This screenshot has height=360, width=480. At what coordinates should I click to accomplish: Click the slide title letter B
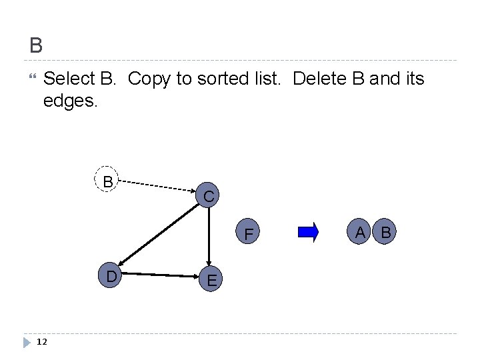36,45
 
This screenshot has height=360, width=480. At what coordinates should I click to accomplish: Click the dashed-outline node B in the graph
107,180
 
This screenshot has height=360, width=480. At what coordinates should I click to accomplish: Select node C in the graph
209,195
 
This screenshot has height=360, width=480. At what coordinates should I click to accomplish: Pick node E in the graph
211,280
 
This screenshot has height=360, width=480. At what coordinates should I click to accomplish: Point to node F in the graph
249,234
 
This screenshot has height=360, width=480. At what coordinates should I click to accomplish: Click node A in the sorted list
361,232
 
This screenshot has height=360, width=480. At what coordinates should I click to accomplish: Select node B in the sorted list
385,232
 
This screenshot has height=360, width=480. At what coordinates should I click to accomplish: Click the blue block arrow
309,232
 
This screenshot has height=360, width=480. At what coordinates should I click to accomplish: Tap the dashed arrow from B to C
157,185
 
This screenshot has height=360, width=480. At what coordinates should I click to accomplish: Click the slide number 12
41,342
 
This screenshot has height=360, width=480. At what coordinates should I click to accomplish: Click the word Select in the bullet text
69,79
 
